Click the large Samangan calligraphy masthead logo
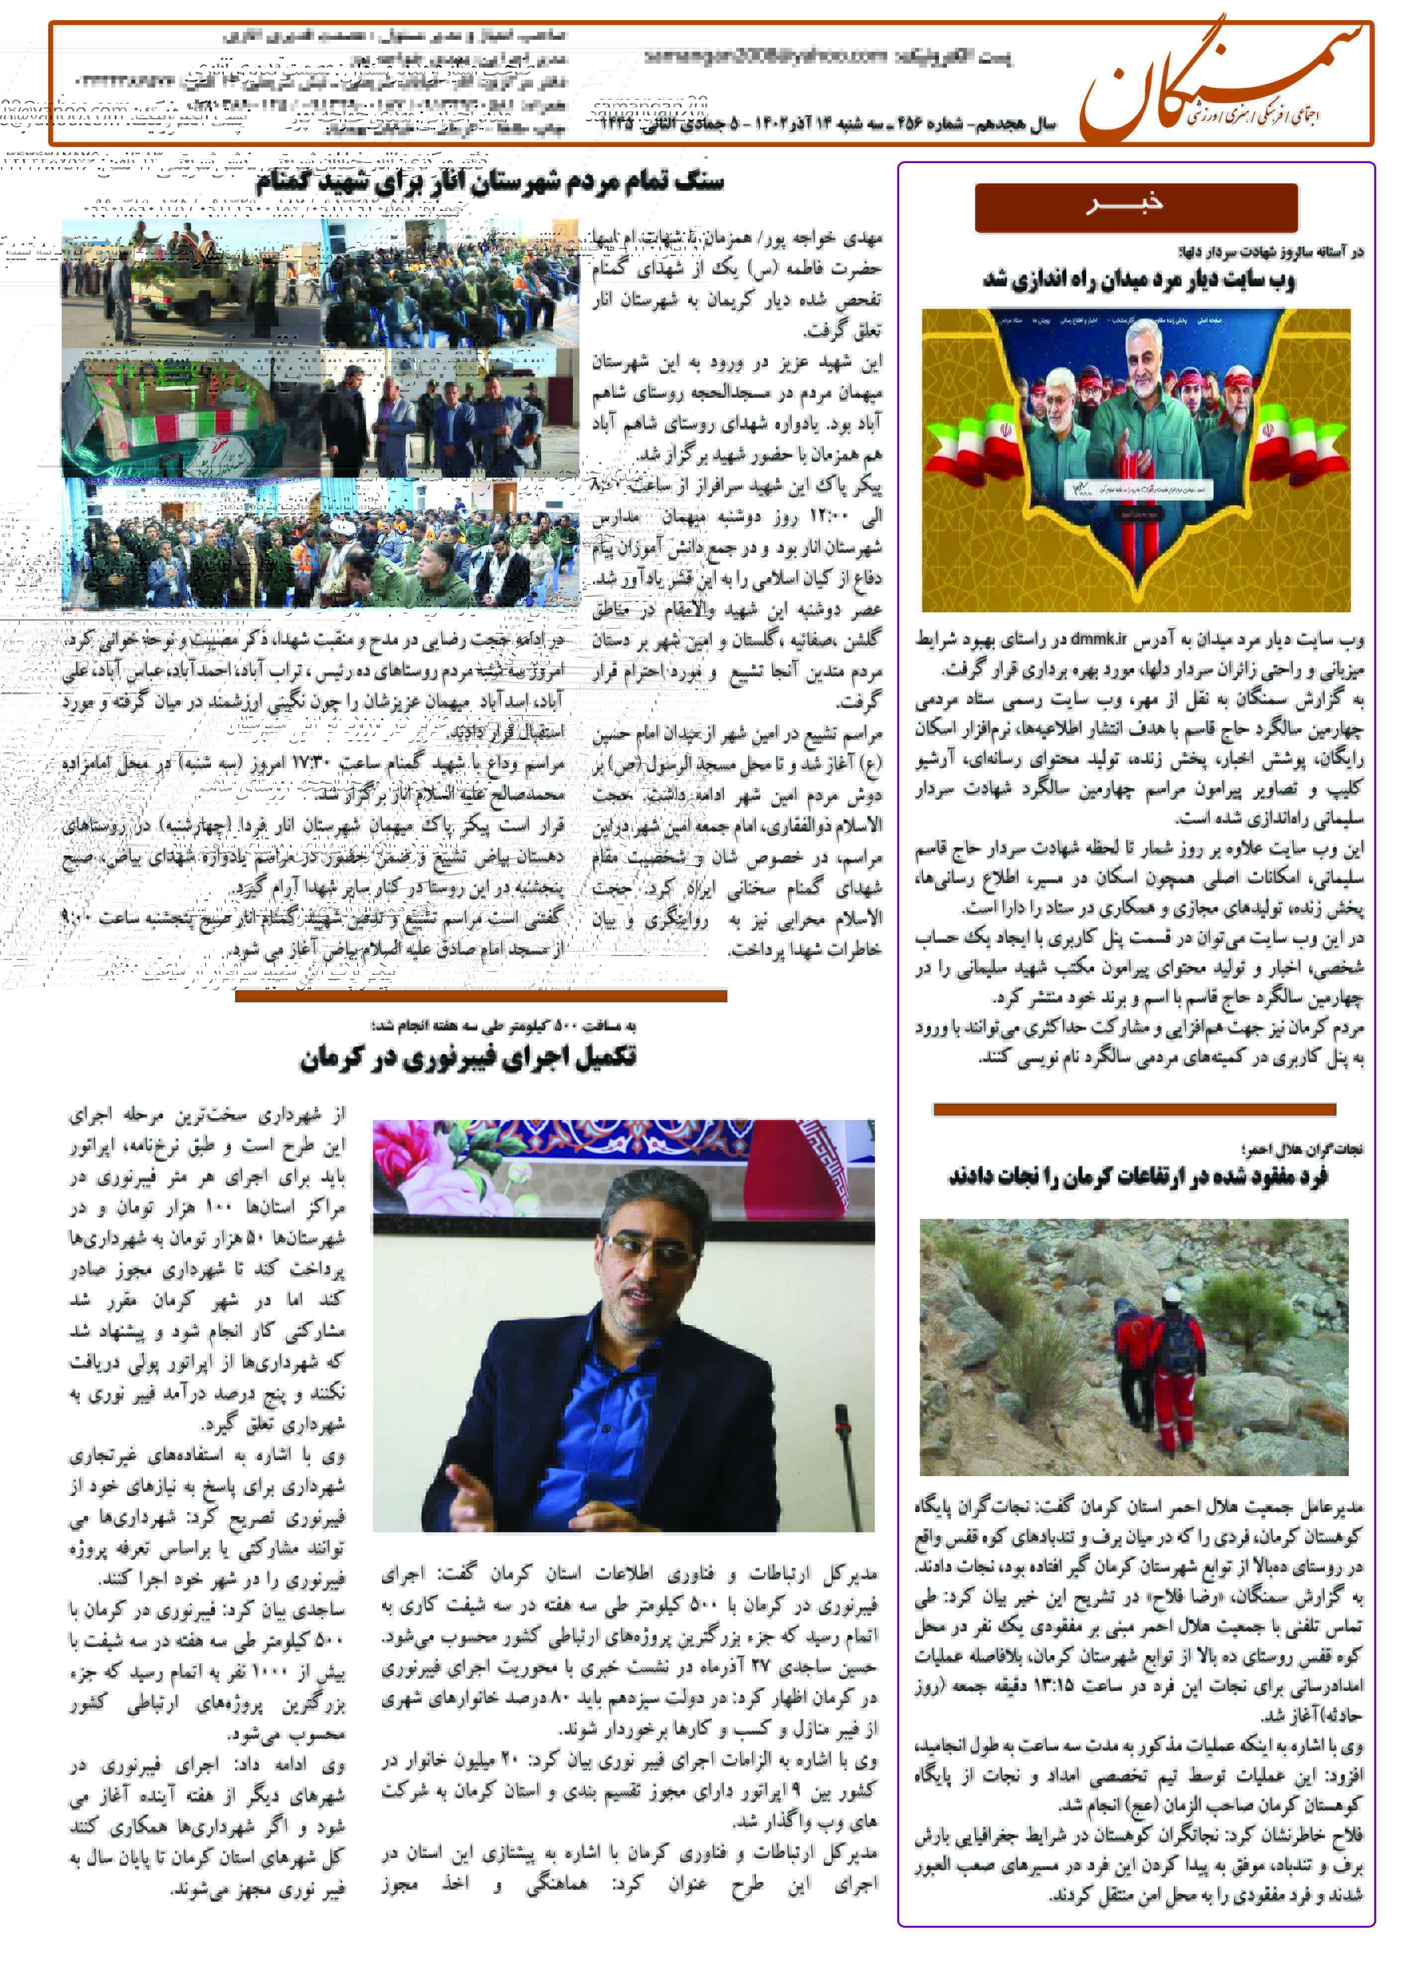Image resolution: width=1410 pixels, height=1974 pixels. (1220, 83)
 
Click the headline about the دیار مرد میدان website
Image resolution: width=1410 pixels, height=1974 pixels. (1138, 281)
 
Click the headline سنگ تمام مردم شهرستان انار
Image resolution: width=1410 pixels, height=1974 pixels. (489, 183)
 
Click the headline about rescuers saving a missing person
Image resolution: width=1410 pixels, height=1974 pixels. (1137, 1177)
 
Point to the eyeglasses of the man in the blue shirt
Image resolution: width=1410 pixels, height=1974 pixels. (651, 1251)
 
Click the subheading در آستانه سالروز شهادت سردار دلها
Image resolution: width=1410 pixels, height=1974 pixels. (1270, 253)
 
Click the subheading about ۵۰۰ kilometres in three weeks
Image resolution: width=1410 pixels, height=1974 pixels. (503, 1026)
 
